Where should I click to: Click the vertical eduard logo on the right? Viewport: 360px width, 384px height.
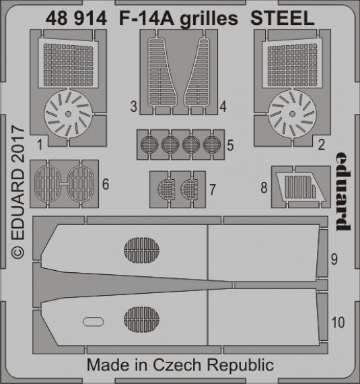pos(342,189)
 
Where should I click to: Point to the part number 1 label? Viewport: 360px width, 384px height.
pos(41,143)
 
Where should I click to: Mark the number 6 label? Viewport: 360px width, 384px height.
pos(104,183)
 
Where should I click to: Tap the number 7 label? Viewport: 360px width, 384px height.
pos(212,190)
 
